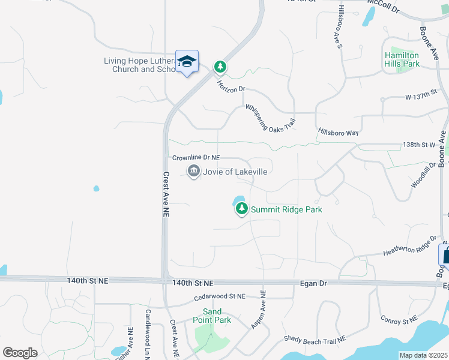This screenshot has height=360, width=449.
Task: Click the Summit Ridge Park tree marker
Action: point(241,209)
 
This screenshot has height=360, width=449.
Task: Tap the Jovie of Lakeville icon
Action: point(193,172)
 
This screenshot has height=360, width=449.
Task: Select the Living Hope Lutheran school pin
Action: point(187,62)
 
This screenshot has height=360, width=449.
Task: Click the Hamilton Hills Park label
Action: point(402,59)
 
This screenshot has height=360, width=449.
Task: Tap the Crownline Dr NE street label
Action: point(196,158)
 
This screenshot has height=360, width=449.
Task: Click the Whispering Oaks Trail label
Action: point(271,117)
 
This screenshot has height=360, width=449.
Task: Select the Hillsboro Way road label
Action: point(338,132)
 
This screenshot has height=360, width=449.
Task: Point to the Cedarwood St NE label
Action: point(220,296)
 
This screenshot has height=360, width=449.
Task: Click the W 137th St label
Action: point(424,97)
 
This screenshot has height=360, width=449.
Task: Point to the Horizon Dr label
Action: point(232,86)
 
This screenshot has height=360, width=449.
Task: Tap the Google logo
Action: point(20,352)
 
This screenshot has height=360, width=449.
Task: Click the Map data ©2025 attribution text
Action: point(423,355)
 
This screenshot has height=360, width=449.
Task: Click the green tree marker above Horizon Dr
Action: point(220,66)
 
